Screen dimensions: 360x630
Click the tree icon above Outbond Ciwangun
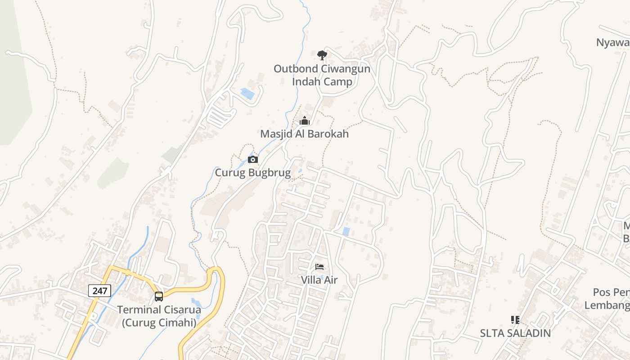322,55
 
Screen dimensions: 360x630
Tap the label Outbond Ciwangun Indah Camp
322,75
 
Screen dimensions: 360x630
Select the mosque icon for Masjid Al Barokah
305,121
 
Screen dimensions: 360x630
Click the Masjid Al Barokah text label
304,134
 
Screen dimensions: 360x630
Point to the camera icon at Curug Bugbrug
253,159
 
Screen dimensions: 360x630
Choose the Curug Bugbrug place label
252,172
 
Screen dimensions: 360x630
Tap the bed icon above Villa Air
319,267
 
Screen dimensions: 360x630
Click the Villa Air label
319,280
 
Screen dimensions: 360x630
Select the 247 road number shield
99,291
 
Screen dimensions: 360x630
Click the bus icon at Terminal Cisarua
159,296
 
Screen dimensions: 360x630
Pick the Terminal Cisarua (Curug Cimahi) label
159,316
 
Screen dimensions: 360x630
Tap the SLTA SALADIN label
515,333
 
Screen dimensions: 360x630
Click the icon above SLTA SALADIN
515,320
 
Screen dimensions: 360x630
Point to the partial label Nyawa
612,42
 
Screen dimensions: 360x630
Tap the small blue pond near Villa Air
346,232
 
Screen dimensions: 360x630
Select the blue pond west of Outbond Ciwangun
247,94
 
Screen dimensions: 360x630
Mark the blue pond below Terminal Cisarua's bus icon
197,302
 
